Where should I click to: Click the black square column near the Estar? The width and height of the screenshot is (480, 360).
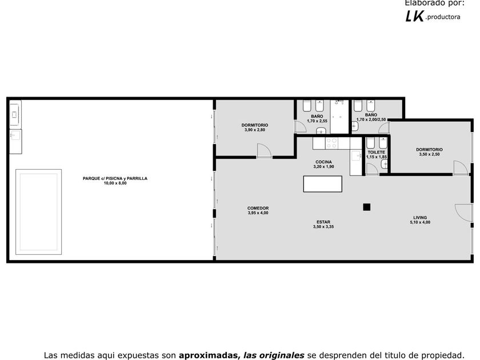click(366, 207)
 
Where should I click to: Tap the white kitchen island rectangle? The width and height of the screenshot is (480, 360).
click(322, 184)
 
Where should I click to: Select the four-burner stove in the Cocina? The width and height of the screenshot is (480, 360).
click(331, 143)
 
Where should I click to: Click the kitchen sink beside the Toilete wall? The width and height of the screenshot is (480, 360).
click(356, 156)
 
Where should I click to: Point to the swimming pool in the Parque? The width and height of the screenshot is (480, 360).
click(39, 212)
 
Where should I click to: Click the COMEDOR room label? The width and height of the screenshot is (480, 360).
click(258, 208)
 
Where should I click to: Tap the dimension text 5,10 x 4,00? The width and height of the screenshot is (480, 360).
click(420, 222)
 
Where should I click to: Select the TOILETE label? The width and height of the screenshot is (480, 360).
click(376, 152)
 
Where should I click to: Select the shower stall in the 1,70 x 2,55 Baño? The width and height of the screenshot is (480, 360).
click(339, 117)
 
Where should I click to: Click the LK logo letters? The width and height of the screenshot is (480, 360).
click(415, 16)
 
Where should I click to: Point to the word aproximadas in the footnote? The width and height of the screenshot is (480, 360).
click(209, 355)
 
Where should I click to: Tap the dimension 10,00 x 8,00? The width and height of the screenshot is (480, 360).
click(115, 183)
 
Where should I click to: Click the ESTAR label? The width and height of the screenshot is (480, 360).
click(323, 222)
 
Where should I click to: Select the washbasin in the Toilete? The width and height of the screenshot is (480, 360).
click(385, 165)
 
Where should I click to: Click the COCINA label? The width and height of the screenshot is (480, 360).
click(323, 162)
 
